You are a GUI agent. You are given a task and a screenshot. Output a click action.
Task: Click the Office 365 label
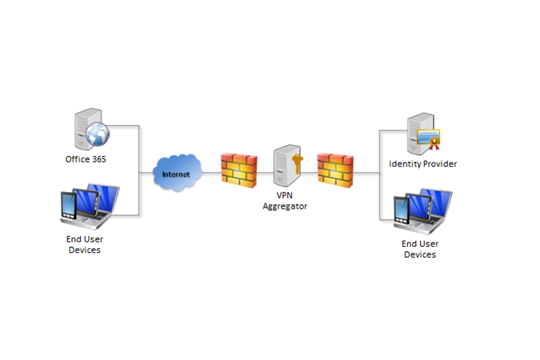pyautogui.click(x=85, y=159)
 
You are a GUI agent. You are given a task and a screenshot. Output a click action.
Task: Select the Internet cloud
pyautogui.click(x=176, y=173)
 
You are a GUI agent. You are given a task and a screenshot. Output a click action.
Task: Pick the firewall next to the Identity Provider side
pyautogui.click(x=336, y=169)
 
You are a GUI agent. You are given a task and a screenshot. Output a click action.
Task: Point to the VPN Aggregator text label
pyautogui.click(x=285, y=201)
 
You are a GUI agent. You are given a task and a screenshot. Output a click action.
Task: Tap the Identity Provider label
pyautogui.click(x=423, y=164)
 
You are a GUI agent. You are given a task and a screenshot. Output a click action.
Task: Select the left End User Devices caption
pyautogui.click(x=84, y=244)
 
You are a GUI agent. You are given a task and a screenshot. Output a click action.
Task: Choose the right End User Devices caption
pyautogui.click(x=420, y=249)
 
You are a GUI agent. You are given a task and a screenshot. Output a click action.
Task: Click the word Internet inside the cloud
pyautogui.click(x=176, y=174)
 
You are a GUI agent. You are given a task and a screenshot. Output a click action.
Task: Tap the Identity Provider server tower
pyautogui.click(x=416, y=134)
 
